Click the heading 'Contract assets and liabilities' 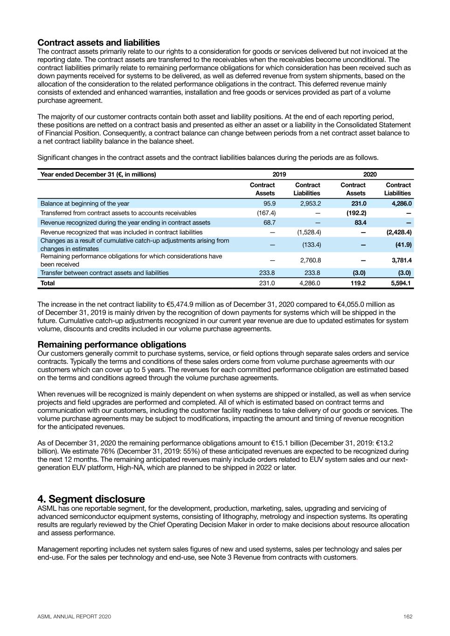tap(98, 43)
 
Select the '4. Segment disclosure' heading tap(91, 499)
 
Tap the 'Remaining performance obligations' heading tap(111, 344)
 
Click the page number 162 tap(408, 616)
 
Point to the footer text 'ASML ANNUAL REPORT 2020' tap(74, 616)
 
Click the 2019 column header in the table tap(279, 174)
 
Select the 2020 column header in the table tap(370, 174)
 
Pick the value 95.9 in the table tap(270, 204)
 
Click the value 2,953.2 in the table tap(310, 204)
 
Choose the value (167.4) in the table tap(266, 213)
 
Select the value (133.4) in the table tap(312, 245)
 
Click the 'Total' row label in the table tap(48, 283)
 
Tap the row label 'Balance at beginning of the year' tap(85, 204)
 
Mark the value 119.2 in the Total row tap(358, 283)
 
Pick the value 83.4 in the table tap(360, 223)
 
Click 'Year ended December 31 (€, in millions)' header tap(98, 174)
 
